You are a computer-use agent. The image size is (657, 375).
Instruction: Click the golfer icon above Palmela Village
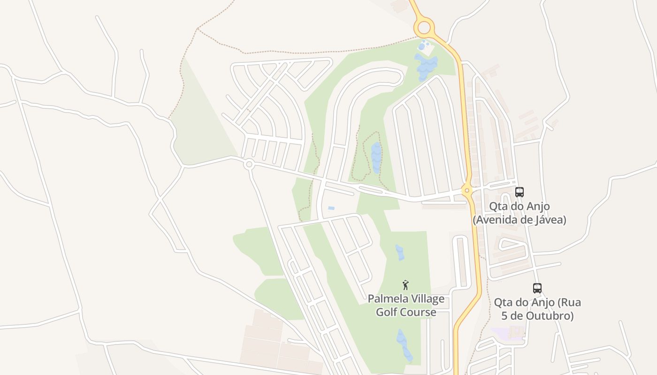[x=406, y=285]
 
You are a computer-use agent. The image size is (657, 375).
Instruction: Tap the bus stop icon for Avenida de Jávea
[x=519, y=192]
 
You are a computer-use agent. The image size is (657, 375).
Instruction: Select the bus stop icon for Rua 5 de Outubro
[x=537, y=288]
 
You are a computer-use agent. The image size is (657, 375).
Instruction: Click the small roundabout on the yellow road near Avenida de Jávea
[x=466, y=190]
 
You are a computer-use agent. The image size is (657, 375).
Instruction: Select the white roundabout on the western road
[x=249, y=164]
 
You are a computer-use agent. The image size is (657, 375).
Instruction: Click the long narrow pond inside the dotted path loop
[x=376, y=157]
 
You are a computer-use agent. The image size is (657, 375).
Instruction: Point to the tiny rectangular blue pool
[x=331, y=208]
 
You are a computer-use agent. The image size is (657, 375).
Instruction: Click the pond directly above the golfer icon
[x=400, y=252]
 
